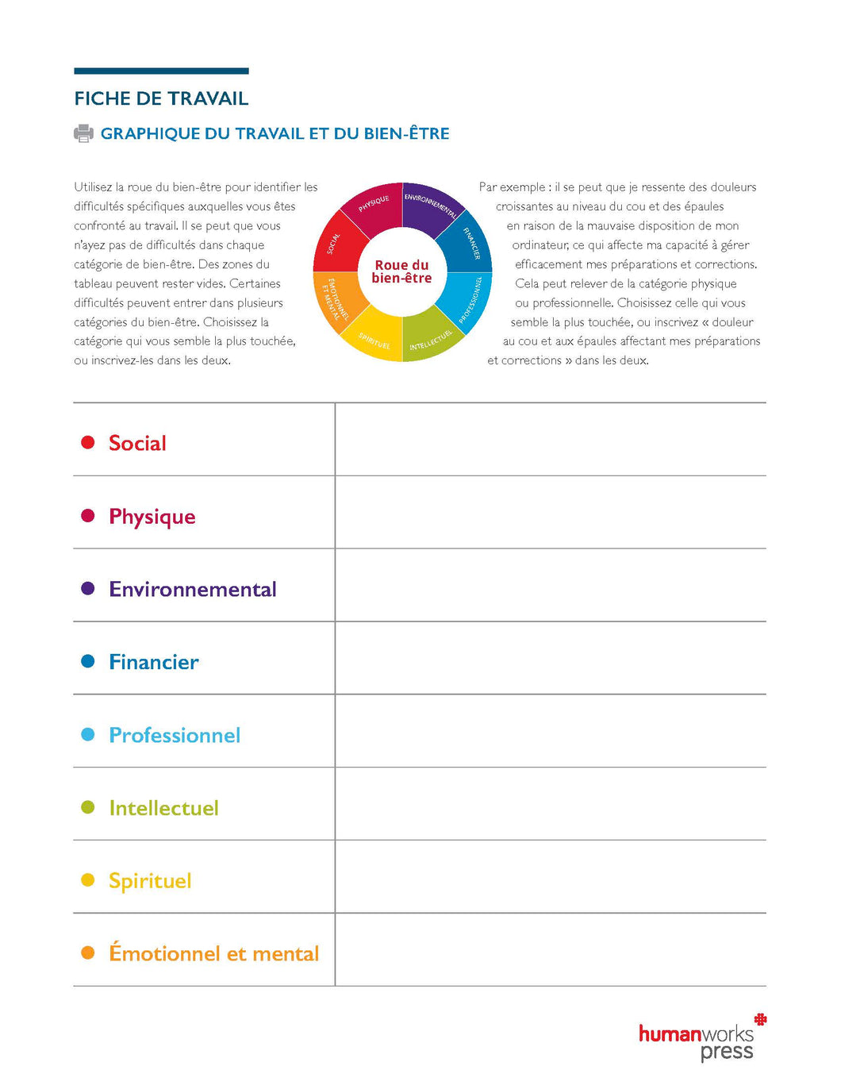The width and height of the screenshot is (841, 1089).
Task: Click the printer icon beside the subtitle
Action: pos(83,133)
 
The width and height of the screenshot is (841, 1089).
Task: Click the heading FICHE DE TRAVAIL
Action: pos(161,98)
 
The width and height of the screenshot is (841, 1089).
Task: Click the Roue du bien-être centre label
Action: pos(401,271)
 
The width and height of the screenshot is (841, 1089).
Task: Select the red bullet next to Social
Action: pos(88,442)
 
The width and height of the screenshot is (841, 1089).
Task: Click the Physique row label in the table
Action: pos(152,517)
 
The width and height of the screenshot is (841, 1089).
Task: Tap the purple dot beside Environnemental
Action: pos(88,588)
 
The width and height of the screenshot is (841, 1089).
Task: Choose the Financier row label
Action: pos(154,662)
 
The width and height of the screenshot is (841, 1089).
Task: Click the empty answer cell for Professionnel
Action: pos(550,731)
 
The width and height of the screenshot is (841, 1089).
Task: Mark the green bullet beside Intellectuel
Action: pos(88,807)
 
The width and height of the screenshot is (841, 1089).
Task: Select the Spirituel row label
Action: pos(150,881)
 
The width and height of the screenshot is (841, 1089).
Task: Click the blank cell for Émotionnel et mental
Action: pos(550,949)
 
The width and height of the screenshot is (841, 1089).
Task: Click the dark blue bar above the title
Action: pos(161,71)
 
